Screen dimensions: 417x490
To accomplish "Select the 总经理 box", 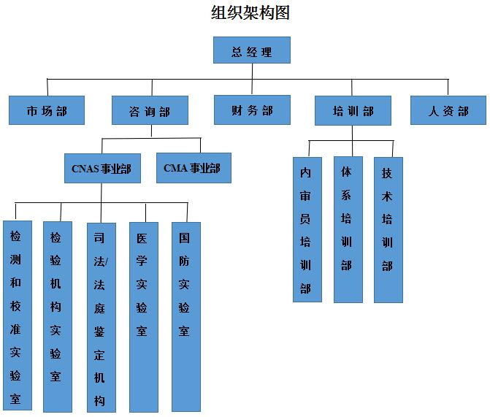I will click(252, 51).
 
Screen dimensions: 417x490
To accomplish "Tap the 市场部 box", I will click(47, 111).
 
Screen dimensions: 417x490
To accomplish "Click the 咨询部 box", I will click(150, 111).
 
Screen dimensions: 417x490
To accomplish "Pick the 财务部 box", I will click(252, 110).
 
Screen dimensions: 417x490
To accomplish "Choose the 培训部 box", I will click(353, 111).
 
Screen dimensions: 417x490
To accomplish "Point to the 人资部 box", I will click(448, 111).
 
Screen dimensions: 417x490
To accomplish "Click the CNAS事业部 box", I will click(102, 168).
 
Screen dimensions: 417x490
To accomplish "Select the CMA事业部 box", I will click(193, 168).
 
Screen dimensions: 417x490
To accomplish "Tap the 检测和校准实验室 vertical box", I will click(16, 315).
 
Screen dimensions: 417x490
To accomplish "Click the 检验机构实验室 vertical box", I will click(56, 315).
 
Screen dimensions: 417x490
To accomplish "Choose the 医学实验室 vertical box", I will click(142, 315).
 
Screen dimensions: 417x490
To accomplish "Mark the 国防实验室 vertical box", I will click(185, 315).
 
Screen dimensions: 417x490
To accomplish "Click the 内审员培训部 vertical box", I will click(306, 229).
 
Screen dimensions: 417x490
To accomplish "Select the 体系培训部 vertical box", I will click(348, 229).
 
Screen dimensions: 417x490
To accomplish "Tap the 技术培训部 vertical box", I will click(388, 229).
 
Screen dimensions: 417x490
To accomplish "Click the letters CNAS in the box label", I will click(85, 169).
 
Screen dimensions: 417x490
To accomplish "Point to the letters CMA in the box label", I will click(175, 169).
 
